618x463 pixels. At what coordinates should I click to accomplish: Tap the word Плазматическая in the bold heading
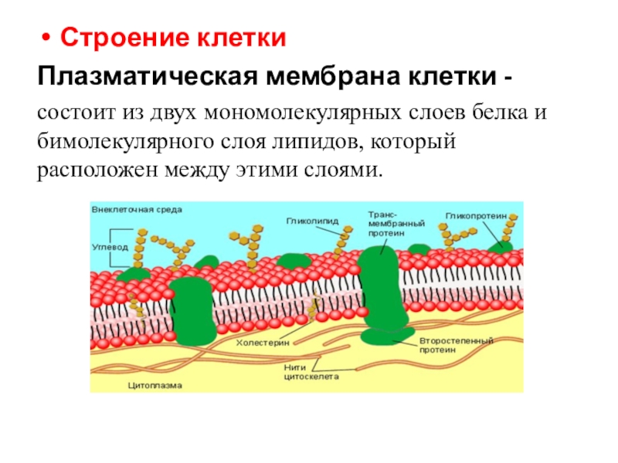tap(147, 78)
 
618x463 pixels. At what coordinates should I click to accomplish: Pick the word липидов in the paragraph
tap(314, 142)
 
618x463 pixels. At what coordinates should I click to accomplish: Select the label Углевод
tap(110, 248)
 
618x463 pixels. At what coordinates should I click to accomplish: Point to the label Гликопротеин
tap(476, 215)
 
